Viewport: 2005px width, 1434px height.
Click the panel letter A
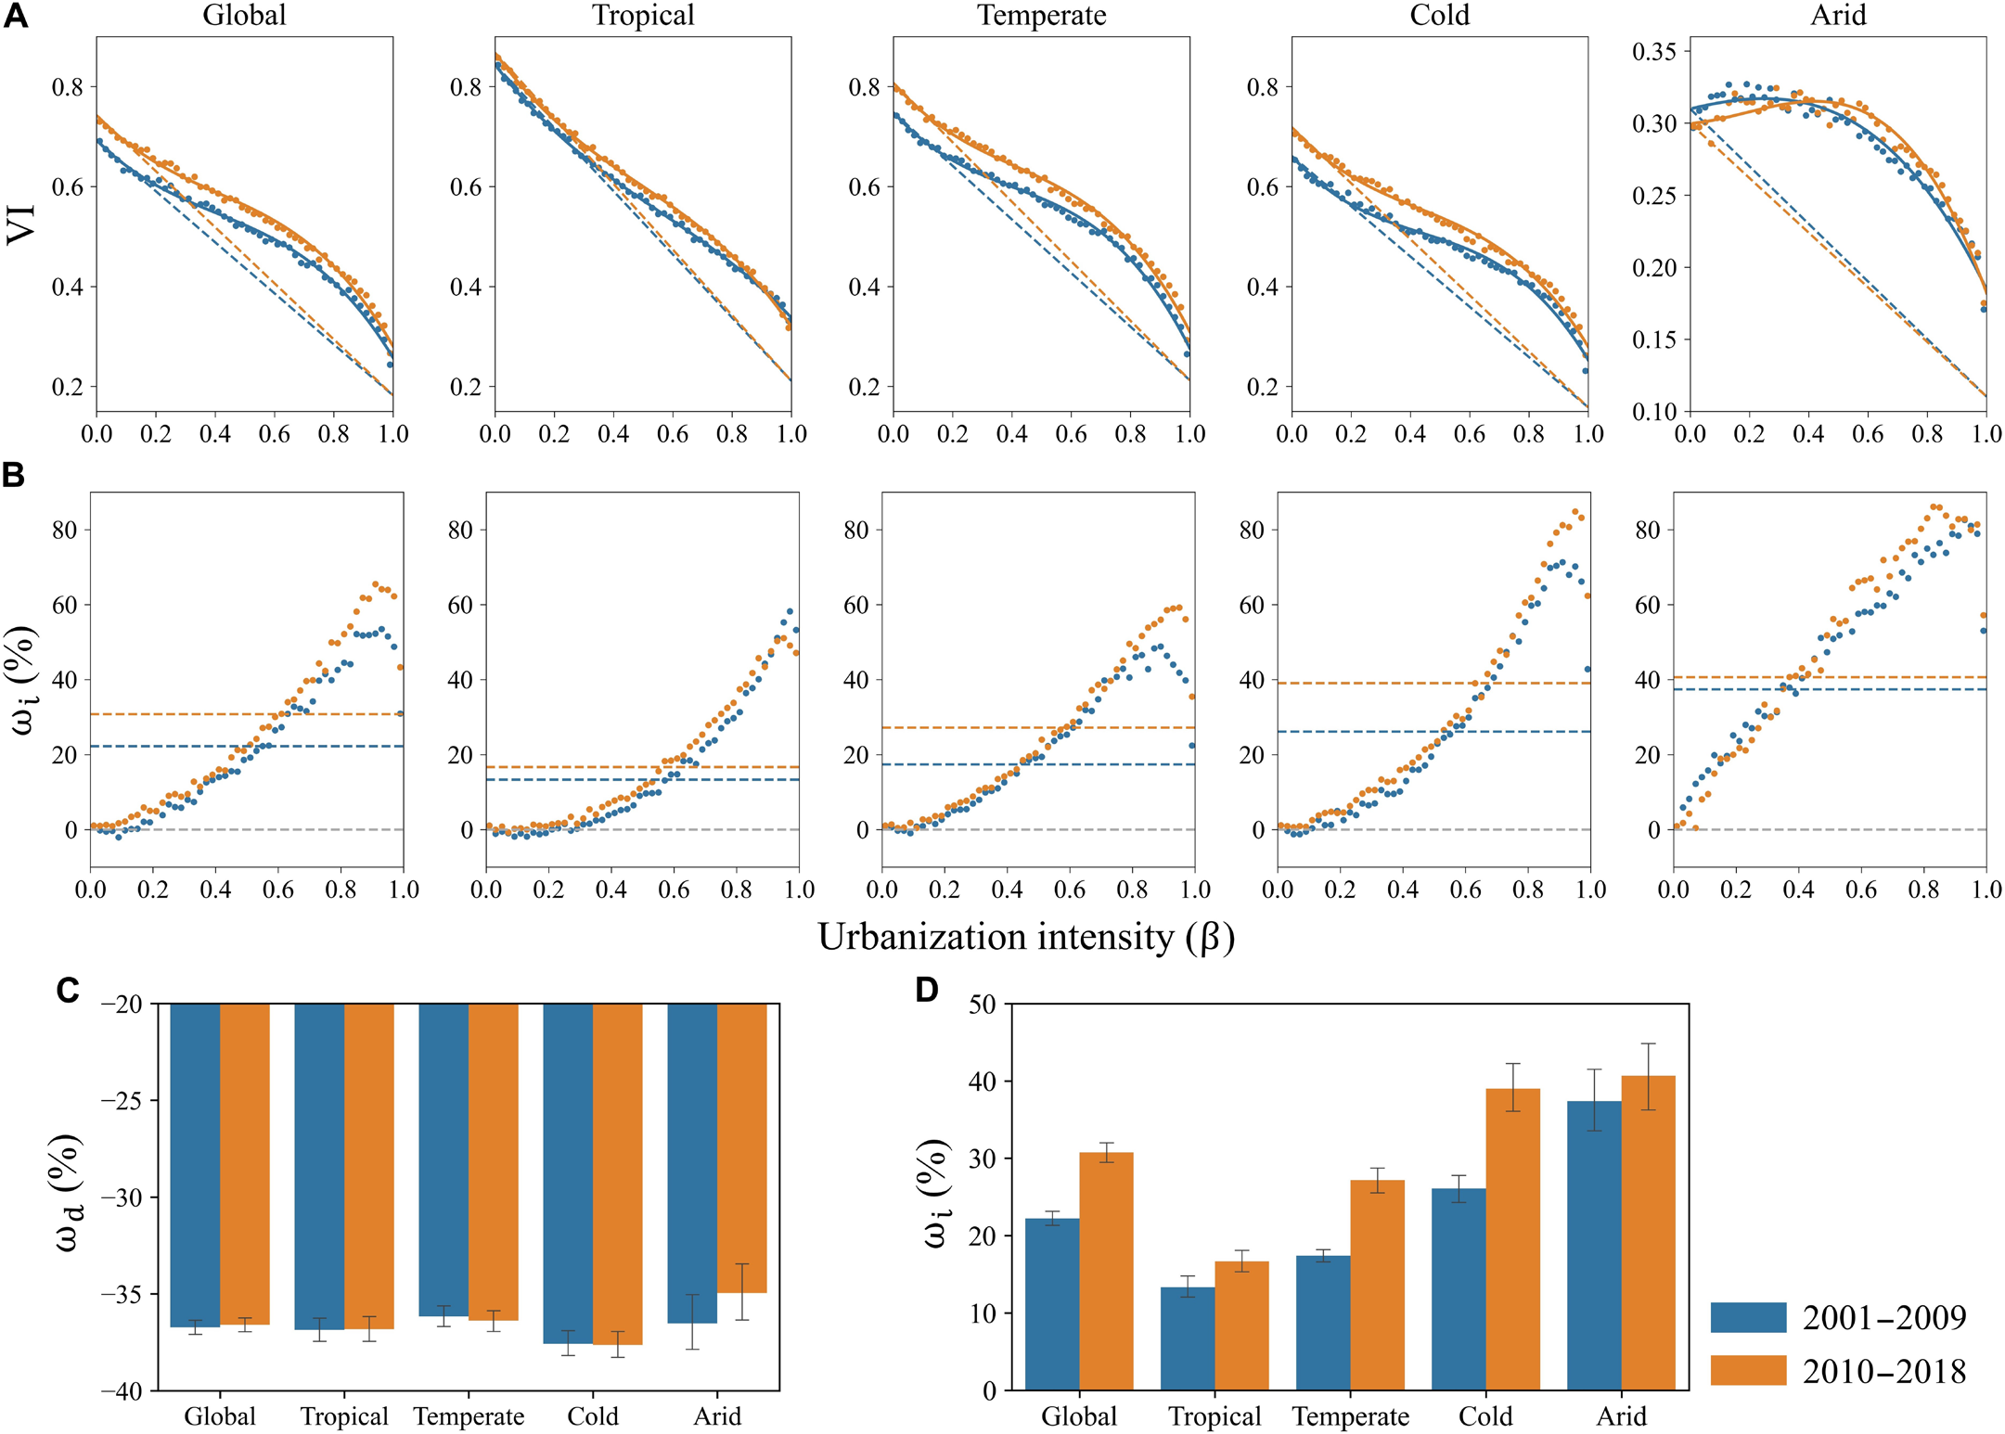click(16, 16)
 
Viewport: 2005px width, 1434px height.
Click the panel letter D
click(927, 990)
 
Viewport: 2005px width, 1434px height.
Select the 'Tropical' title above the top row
click(643, 16)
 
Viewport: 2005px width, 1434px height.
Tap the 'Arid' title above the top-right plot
click(1838, 16)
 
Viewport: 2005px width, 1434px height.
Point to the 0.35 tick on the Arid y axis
click(1654, 52)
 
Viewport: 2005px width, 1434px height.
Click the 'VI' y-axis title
click(21, 224)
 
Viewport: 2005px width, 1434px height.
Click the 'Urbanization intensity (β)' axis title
click(1025, 937)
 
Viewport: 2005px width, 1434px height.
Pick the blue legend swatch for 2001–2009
click(1748, 1317)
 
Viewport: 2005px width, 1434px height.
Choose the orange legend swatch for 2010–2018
click(1748, 1370)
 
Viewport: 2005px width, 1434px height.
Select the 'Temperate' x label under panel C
click(469, 1416)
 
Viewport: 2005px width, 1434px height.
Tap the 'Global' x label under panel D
click(1079, 1416)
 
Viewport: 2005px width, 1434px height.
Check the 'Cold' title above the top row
click(1439, 16)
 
